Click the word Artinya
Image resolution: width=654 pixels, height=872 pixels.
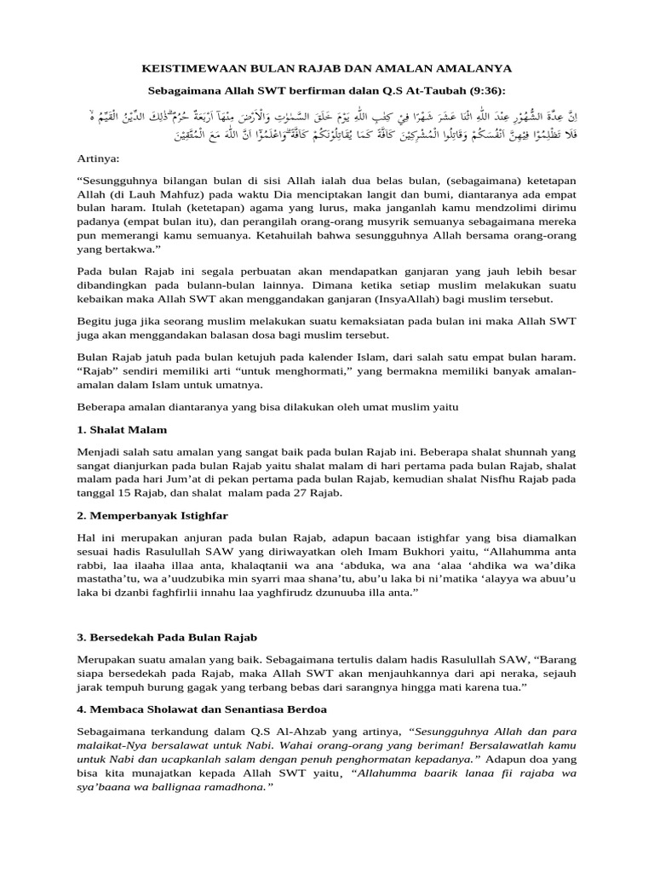(97, 158)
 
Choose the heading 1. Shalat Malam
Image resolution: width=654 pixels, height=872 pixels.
(122, 429)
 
